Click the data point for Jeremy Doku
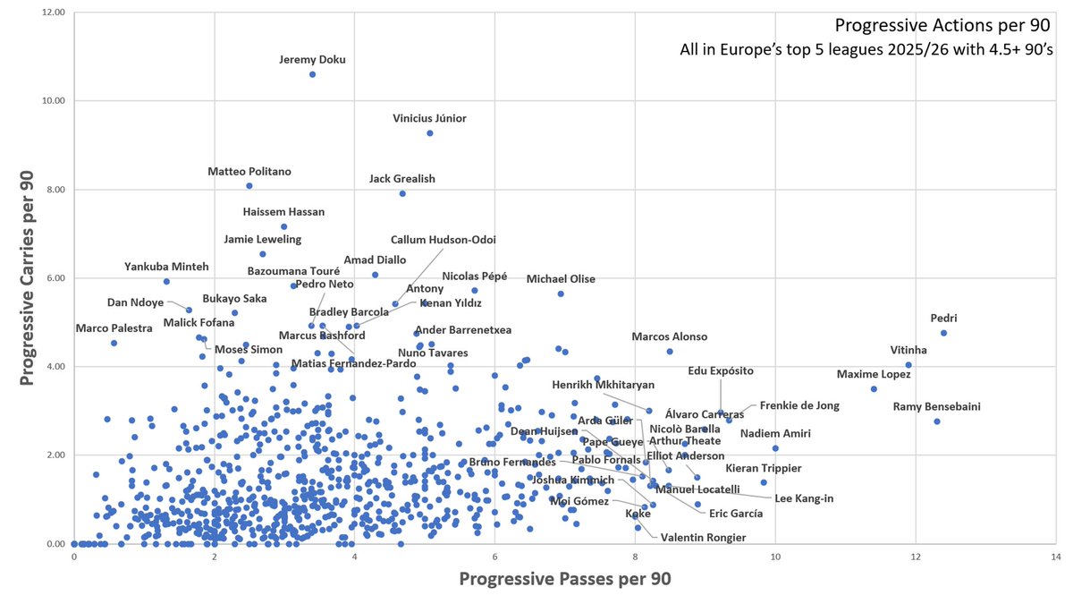click(x=312, y=74)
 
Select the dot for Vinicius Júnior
click(x=430, y=133)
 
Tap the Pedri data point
click(x=943, y=333)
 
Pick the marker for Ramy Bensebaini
click(x=937, y=421)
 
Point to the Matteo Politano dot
click(x=249, y=186)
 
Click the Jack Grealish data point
click(x=402, y=193)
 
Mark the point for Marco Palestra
click(x=114, y=343)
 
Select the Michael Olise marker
click(x=561, y=293)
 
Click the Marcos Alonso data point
click(x=670, y=351)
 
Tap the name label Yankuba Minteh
click(x=166, y=267)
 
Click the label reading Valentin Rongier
click(x=703, y=537)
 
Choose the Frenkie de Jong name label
click(x=799, y=405)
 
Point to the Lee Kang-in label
click(x=804, y=498)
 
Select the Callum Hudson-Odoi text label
click(x=444, y=240)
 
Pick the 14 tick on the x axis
click(x=1056, y=557)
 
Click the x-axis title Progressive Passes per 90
click(x=564, y=579)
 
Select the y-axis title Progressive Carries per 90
click(x=27, y=278)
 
